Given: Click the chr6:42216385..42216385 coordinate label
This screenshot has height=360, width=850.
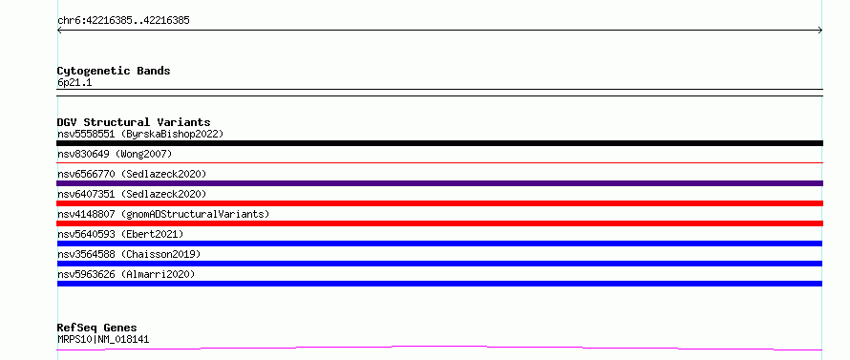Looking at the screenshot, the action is [x=123, y=21].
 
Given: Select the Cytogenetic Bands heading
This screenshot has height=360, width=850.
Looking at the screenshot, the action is [x=114, y=71].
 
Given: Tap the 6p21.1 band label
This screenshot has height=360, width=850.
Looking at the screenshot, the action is [x=74, y=82].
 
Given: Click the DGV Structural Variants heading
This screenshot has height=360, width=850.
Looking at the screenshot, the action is [x=134, y=122].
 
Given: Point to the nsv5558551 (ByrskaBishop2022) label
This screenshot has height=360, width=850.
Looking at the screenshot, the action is [x=140, y=134].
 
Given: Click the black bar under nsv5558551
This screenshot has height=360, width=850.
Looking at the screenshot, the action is [x=439, y=143].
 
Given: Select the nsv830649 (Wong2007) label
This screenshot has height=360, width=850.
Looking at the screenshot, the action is [x=115, y=154].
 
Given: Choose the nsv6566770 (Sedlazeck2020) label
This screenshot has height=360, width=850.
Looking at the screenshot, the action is [x=132, y=174].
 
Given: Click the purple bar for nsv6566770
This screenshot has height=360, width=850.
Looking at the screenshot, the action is [x=439, y=183].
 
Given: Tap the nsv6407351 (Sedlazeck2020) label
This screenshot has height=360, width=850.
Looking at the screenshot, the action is [x=132, y=194].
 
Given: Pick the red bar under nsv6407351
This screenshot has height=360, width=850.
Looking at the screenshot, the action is [x=439, y=203].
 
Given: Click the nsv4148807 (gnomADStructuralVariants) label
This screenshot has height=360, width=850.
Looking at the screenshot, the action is [x=163, y=214].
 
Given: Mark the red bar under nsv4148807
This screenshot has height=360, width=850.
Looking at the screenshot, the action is [x=439, y=223].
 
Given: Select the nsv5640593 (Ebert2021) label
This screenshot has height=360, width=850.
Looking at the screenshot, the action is [x=120, y=234].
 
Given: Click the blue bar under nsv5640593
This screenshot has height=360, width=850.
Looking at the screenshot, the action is [x=439, y=244].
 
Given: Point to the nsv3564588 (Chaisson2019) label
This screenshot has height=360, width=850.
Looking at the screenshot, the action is [x=129, y=254].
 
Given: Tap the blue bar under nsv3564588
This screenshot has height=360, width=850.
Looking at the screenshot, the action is [x=439, y=264].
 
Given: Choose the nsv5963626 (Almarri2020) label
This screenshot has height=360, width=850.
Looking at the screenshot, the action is [x=126, y=274].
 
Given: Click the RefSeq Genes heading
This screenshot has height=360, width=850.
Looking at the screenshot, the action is [x=97, y=328].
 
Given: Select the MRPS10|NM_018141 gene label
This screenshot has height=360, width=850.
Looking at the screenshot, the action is [x=103, y=339].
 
